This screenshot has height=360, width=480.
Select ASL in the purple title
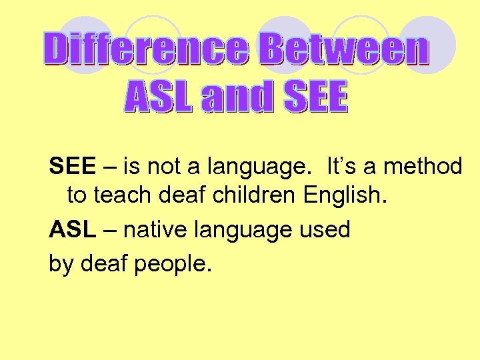[x=159, y=99]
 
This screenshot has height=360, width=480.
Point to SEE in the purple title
[x=316, y=99]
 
